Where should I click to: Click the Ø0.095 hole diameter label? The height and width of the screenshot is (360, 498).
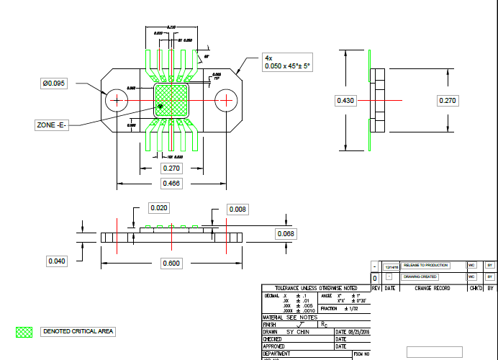(54, 84)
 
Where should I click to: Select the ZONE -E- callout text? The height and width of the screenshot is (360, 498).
(51, 125)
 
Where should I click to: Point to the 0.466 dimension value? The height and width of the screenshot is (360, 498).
(171, 184)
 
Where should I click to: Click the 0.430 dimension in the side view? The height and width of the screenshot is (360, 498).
(346, 101)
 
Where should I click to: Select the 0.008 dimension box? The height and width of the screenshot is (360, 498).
(237, 209)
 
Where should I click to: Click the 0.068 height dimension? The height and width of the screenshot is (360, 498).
(286, 234)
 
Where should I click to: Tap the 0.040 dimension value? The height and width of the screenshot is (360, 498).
(57, 261)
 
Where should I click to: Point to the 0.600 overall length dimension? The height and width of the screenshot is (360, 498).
(171, 264)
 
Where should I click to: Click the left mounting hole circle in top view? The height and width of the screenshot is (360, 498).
(117, 100)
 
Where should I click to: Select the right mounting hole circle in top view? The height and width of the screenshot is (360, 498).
(227, 100)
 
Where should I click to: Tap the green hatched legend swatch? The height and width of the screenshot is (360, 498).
(24, 332)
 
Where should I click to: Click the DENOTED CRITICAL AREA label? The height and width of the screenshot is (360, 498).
(78, 331)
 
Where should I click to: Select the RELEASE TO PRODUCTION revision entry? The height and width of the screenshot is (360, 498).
(425, 266)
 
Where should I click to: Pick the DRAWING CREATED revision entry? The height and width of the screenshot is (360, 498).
(420, 276)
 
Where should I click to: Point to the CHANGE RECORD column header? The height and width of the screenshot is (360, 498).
(432, 288)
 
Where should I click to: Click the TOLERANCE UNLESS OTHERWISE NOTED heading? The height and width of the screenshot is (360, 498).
(316, 288)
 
